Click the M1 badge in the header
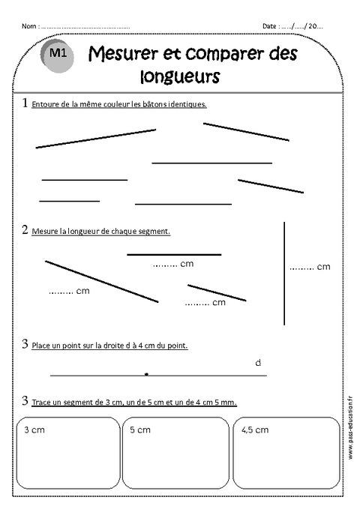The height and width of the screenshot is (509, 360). tap(59, 55)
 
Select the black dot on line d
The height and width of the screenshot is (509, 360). tap(146, 373)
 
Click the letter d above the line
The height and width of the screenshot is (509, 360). tap(258, 363)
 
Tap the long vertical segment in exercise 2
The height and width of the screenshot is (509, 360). tap(284, 274)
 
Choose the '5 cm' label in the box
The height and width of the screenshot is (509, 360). tap(140, 430)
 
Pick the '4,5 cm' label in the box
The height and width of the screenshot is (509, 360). tap(253, 430)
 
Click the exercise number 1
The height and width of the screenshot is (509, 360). tap(25, 103)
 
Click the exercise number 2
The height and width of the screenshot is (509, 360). tap(25, 230)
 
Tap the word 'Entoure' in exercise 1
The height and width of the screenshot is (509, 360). tap(44, 104)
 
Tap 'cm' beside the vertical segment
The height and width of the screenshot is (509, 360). tap(323, 266)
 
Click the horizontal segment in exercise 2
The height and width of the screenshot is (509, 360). tap(174, 255)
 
